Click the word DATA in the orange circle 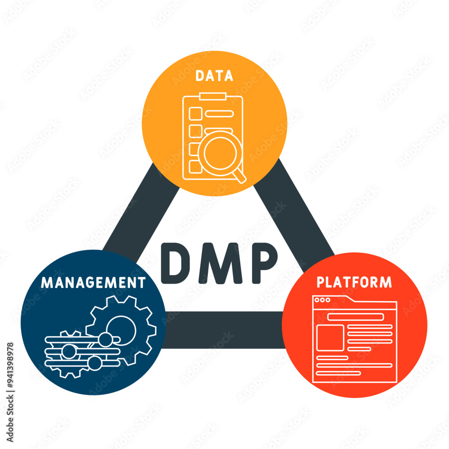214,76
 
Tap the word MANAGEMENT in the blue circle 93,282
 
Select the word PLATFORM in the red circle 354,282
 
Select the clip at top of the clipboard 212,96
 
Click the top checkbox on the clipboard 195,114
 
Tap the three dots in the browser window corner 322,300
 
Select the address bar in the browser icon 355,317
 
